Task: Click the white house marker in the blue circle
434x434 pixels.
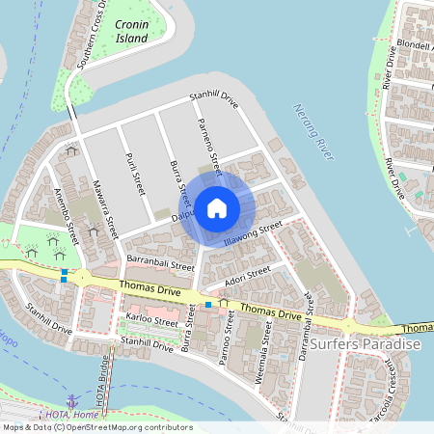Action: coord(217,207)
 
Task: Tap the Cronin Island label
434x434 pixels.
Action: coord(131,31)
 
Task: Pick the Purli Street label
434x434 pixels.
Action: coord(135,171)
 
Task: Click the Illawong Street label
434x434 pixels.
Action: coord(252,231)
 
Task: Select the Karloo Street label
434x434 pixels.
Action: coord(151,319)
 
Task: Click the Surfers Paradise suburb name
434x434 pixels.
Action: coord(366,345)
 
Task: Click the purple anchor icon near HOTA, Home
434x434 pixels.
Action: coord(72,400)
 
